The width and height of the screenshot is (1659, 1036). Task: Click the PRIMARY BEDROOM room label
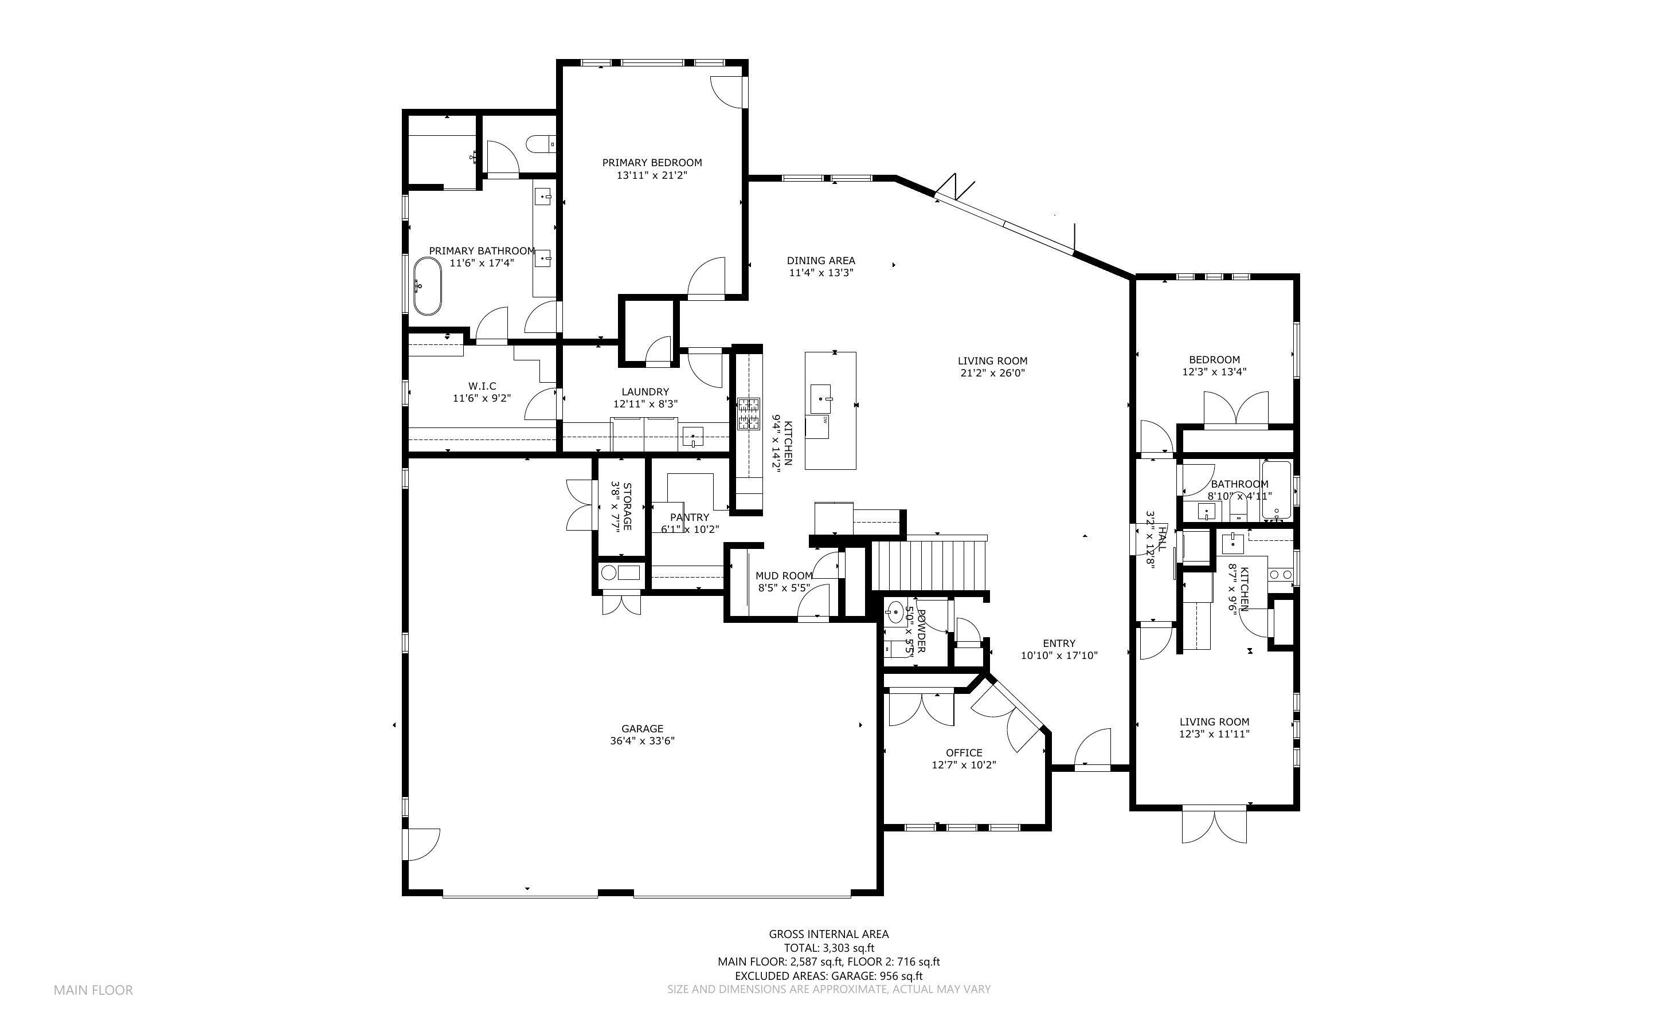coord(652,162)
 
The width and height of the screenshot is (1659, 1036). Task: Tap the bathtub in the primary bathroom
coord(428,286)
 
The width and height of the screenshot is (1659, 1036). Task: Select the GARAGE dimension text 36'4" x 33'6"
coord(642,741)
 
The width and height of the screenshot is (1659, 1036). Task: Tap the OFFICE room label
coord(964,752)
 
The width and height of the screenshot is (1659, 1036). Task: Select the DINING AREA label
coord(820,260)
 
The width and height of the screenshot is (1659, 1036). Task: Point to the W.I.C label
coord(482,386)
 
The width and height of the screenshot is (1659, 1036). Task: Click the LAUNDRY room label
coord(645,392)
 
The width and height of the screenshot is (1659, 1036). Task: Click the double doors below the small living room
coord(1214,826)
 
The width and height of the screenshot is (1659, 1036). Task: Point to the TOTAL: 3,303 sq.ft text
coord(828,948)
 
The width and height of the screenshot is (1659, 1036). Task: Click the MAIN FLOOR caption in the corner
coord(93,990)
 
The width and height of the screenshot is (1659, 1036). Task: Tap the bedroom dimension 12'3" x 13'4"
coord(1214,372)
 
